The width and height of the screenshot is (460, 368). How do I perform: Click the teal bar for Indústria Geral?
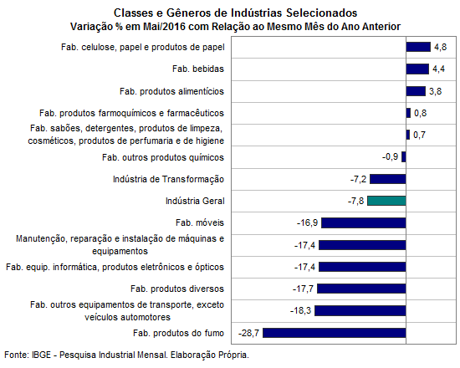point(386,201)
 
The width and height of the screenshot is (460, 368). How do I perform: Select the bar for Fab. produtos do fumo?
point(335,333)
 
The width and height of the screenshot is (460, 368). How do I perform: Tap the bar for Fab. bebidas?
point(417,69)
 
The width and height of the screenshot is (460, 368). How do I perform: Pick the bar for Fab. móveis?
point(364,223)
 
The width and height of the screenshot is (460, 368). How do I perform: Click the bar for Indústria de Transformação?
point(388,179)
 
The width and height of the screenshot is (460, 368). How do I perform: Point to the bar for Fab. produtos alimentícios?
point(416,91)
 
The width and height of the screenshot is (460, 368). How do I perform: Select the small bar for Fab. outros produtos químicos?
point(404,157)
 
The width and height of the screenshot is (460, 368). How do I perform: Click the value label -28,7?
point(248,333)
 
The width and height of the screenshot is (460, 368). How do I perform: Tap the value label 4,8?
point(440,47)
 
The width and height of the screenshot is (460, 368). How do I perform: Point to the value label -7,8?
point(355,201)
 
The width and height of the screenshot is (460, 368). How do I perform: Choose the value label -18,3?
point(301,310)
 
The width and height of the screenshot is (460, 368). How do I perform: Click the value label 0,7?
point(419,135)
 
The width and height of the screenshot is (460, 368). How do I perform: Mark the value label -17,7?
point(303,289)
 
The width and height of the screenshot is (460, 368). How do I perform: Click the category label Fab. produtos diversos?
point(177,289)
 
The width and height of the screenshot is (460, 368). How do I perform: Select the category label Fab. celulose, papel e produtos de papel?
point(143,47)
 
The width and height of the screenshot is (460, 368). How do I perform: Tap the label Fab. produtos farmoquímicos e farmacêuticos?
point(131,113)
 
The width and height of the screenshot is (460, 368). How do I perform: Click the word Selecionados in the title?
point(321,13)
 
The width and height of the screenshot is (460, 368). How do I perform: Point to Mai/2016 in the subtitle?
point(164,27)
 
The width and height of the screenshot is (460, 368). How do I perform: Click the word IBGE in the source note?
point(41,355)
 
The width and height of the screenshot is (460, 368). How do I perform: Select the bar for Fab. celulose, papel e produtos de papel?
point(418,47)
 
